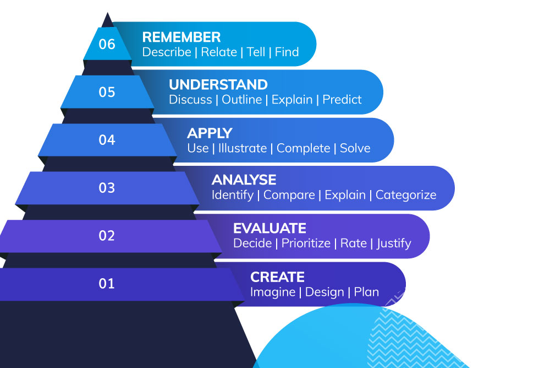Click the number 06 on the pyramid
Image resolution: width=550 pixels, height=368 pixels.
tap(107, 44)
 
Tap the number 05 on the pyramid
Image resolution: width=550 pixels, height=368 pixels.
tap(107, 92)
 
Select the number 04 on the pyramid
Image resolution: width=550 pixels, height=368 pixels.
tap(107, 140)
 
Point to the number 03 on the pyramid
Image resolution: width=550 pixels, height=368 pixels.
tap(107, 188)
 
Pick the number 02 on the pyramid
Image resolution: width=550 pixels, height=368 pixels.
tap(107, 236)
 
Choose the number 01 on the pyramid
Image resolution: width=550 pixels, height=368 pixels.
tap(107, 284)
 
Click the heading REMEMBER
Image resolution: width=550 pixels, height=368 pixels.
tap(182, 37)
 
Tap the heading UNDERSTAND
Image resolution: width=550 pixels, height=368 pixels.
tap(218, 85)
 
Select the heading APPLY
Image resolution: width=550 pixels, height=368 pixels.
tap(210, 133)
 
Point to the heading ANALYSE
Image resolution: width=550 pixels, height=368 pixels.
tap(244, 180)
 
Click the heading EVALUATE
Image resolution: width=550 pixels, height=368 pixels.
tap(269, 229)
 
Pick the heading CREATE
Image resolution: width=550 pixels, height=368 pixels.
tap(277, 277)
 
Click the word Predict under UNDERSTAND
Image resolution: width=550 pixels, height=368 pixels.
tap(342, 100)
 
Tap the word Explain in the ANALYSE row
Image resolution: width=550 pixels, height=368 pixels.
tap(345, 195)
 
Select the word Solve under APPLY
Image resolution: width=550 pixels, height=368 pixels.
tap(355, 148)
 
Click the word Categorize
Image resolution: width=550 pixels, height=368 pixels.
tap(406, 195)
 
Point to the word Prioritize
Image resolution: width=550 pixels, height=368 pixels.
tap(306, 243)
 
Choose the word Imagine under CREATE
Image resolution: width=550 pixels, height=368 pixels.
tap(272, 292)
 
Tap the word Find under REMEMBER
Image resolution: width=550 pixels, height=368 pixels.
tap(287, 52)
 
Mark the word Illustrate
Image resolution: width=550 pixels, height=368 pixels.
tap(242, 148)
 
